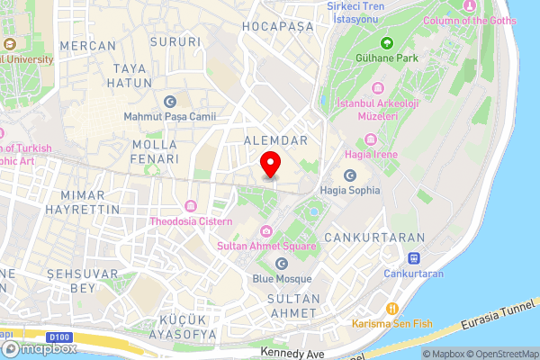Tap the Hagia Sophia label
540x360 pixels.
(x=349, y=190)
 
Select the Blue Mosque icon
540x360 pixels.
(x=281, y=264)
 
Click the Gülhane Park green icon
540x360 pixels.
(x=387, y=43)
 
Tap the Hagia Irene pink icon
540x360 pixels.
(x=370, y=139)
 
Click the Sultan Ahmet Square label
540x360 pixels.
(x=266, y=246)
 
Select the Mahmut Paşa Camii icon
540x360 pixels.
(x=170, y=101)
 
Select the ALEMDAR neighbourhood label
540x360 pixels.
(x=276, y=140)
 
